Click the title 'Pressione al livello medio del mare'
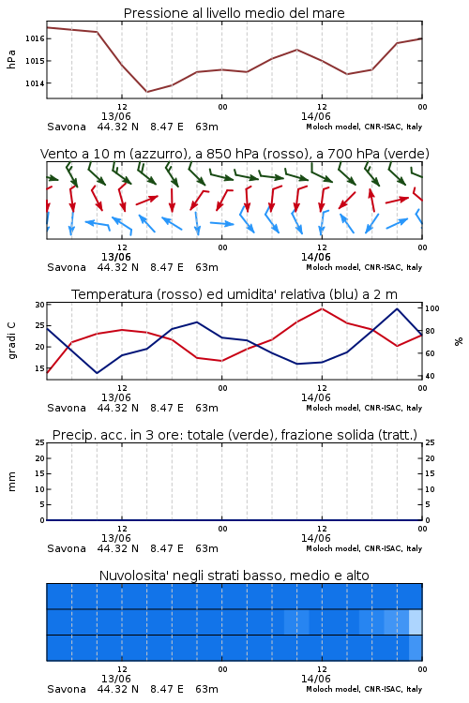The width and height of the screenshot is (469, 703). click(x=234, y=13)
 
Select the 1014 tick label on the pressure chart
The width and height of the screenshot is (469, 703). click(x=35, y=82)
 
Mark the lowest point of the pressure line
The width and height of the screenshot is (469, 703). click(x=146, y=92)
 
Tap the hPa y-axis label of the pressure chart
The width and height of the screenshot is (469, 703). click(x=11, y=59)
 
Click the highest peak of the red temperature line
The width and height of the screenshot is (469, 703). click(x=322, y=308)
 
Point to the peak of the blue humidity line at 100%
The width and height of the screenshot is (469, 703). click(x=397, y=308)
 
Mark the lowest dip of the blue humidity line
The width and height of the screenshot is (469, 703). click(x=97, y=373)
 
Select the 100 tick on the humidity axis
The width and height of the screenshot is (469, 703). click(x=431, y=308)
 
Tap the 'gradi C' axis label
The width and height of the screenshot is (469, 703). click(x=11, y=341)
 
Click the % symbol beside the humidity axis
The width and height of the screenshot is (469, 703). click(x=459, y=341)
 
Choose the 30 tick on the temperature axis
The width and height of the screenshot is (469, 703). click(x=39, y=305)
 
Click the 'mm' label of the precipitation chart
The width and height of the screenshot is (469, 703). click(x=11, y=482)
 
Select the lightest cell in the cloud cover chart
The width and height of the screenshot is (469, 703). click(x=416, y=621)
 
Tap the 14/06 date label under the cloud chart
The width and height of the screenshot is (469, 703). click(x=316, y=679)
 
